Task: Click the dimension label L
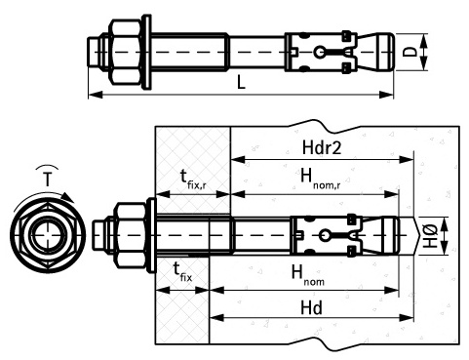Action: click(241, 82)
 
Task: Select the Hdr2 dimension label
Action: click(322, 147)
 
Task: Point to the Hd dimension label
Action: click(311, 307)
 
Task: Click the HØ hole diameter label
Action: click(431, 236)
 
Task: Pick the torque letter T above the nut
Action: click(48, 180)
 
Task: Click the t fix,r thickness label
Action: click(193, 179)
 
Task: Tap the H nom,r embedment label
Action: click(321, 179)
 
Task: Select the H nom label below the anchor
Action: click(307, 274)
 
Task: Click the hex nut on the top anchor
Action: click(126, 52)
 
